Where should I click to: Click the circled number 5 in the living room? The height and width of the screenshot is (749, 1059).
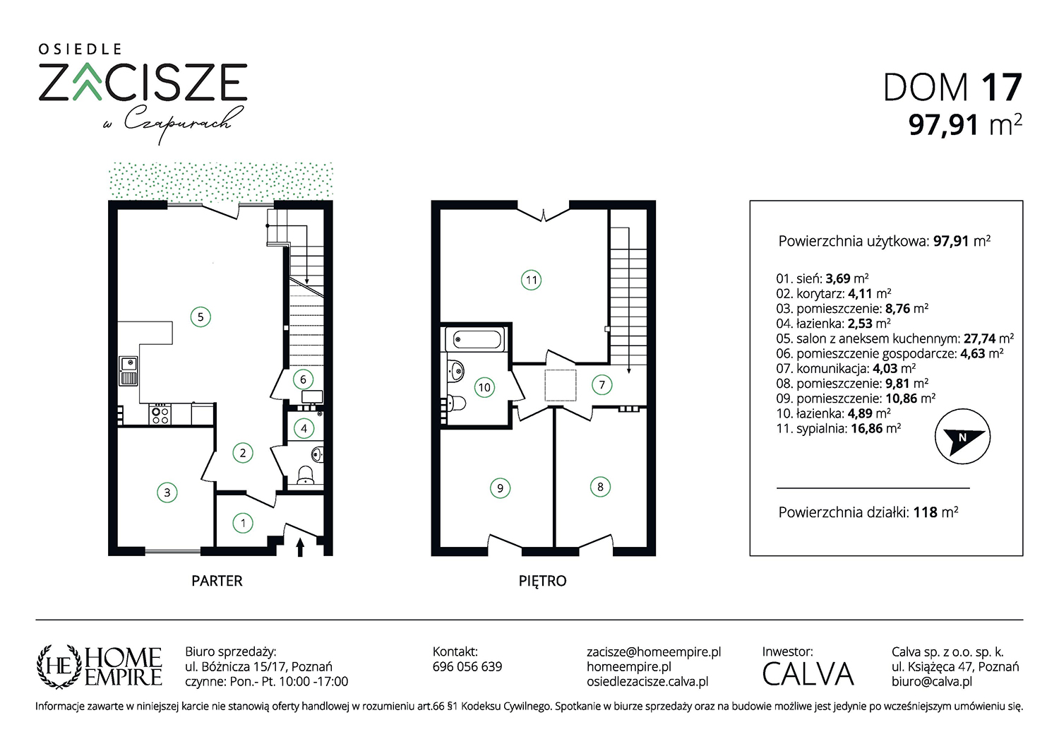click(x=201, y=317)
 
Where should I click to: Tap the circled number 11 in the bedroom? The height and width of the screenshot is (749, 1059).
click(x=531, y=280)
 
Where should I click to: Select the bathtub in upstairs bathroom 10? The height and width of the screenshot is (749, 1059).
click(x=477, y=339)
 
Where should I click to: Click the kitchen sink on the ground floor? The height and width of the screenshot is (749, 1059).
click(x=128, y=371)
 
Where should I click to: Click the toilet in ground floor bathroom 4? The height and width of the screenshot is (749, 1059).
click(x=306, y=475)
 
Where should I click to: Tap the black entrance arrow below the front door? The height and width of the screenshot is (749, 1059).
click(x=300, y=548)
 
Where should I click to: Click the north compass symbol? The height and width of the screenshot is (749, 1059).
click(x=962, y=436)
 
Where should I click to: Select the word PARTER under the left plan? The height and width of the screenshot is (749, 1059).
click(x=217, y=581)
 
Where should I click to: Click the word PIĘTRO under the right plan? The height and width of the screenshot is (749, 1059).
click(x=542, y=581)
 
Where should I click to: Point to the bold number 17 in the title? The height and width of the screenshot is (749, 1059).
click(x=1001, y=87)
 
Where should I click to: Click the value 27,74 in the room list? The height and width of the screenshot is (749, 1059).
click(x=980, y=338)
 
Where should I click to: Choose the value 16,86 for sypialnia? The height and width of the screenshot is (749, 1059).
click(x=866, y=429)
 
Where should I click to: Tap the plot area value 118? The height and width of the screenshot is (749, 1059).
click(x=925, y=512)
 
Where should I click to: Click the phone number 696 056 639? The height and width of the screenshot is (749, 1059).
click(x=467, y=666)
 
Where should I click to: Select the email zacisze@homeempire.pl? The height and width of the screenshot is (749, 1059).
click(x=654, y=651)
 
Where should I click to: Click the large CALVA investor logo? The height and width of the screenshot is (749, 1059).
click(x=808, y=674)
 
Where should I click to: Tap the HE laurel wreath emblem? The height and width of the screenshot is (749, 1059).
click(x=59, y=666)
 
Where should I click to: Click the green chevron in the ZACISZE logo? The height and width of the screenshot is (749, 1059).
click(x=87, y=83)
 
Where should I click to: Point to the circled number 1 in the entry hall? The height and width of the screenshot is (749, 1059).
click(x=243, y=523)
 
